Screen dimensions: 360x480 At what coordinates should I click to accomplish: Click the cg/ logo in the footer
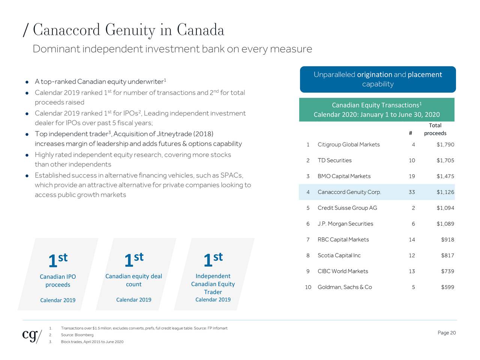tap(32, 335)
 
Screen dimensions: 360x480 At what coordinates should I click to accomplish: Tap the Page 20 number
tap(446, 333)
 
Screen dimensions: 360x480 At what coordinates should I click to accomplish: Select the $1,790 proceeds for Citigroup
tap(445, 145)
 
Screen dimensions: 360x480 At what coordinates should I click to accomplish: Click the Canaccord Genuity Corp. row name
tap(349, 192)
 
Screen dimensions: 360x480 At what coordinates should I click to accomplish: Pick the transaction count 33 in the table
tap(412, 192)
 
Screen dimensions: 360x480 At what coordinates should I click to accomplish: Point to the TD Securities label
tap(334, 160)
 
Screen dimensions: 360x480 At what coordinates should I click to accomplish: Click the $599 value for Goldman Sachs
tap(447, 287)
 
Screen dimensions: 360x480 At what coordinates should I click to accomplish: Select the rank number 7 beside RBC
tap(308, 240)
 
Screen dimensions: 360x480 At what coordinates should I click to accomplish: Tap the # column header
tap(411, 133)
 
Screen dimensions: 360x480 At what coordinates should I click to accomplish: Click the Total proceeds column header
tap(435, 129)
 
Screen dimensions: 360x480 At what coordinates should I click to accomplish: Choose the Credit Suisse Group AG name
tap(347, 208)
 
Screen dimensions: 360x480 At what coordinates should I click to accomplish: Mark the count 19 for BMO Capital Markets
tap(412, 176)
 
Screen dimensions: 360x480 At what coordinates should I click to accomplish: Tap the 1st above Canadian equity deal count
tap(134, 259)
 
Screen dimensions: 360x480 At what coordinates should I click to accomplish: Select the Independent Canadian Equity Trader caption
tap(213, 284)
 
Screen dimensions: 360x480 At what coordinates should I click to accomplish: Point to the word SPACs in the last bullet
tap(231, 175)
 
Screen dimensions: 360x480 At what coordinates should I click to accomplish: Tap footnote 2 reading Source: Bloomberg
tap(77, 335)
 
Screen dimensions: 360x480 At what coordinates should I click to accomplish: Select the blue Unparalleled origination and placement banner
tap(378, 79)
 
